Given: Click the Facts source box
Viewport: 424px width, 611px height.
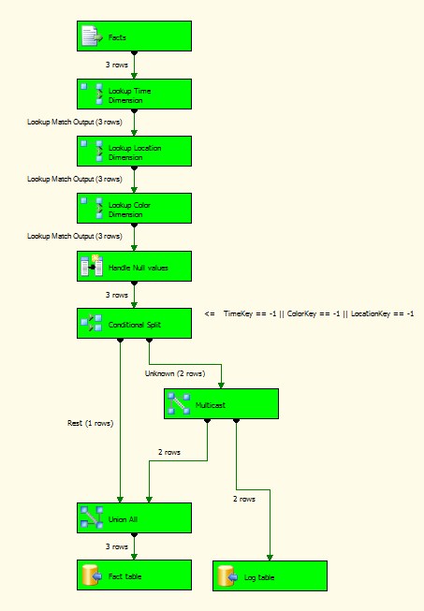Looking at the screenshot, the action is tap(134, 36).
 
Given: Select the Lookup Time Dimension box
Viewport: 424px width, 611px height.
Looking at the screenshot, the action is tap(134, 95).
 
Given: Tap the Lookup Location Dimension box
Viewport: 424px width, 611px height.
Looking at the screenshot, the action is tap(134, 152).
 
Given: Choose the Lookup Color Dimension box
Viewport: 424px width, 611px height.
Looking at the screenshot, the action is tap(134, 209).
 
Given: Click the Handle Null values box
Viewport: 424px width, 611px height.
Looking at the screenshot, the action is tap(134, 266).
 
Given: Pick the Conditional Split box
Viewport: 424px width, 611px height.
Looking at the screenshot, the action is tap(134, 324).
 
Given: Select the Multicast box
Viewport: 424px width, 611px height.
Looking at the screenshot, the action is tap(221, 403).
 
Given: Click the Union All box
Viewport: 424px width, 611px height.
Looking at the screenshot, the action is tap(134, 517).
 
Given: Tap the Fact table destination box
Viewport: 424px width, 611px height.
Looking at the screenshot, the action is tap(134, 575).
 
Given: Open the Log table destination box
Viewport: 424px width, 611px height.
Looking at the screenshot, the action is tap(270, 576).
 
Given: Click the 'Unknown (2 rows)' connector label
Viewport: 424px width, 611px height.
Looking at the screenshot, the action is tap(175, 373).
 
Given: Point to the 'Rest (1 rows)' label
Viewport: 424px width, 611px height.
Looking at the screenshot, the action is tap(91, 423).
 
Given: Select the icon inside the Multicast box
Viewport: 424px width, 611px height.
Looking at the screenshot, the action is tap(179, 403).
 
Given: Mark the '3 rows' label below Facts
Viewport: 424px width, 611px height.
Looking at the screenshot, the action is tap(116, 65).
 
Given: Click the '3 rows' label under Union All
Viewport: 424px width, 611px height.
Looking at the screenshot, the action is tap(116, 546).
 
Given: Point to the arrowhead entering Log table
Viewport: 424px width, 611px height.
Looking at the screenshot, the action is tap(270, 558).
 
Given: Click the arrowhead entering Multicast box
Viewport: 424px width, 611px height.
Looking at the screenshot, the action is tap(221, 386).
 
